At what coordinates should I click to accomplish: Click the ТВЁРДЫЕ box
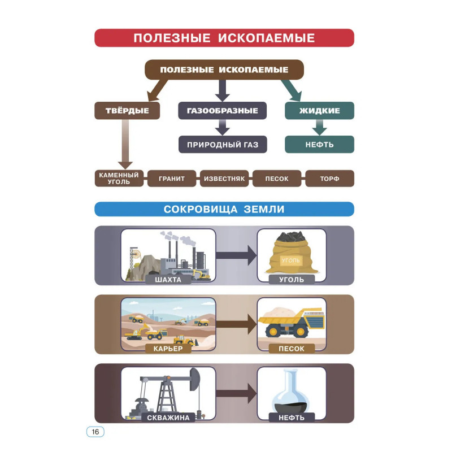click(x=127, y=110)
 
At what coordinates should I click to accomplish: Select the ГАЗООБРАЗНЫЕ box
click(x=222, y=110)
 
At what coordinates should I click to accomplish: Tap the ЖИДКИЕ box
click(x=319, y=110)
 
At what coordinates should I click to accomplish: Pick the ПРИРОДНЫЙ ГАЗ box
click(x=223, y=145)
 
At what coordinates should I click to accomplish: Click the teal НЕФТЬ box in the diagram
click(x=319, y=145)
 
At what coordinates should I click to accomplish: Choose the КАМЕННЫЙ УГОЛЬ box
click(x=119, y=179)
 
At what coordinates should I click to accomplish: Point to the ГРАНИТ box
click(x=172, y=179)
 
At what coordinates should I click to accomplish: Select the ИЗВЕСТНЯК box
click(x=224, y=179)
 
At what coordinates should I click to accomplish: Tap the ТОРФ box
click(x=330, y=179)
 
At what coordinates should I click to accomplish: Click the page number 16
click(x=95, y=432)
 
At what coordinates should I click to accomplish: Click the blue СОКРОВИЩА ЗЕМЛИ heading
click(x=224, y=209)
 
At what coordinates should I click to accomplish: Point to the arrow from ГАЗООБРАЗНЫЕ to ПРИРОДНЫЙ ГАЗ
click(x=222, y=127)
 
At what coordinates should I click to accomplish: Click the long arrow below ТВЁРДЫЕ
click(x=125, y=145)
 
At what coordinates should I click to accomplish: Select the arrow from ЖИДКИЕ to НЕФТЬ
click(x=319, y=127)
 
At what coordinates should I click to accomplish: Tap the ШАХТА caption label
click(x=168, y=280)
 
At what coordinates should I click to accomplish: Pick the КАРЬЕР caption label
click(x=168, y=349)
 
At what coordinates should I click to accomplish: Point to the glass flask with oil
click(x=291, y=392)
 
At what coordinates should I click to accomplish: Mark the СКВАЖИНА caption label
click(x=168, y=418)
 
